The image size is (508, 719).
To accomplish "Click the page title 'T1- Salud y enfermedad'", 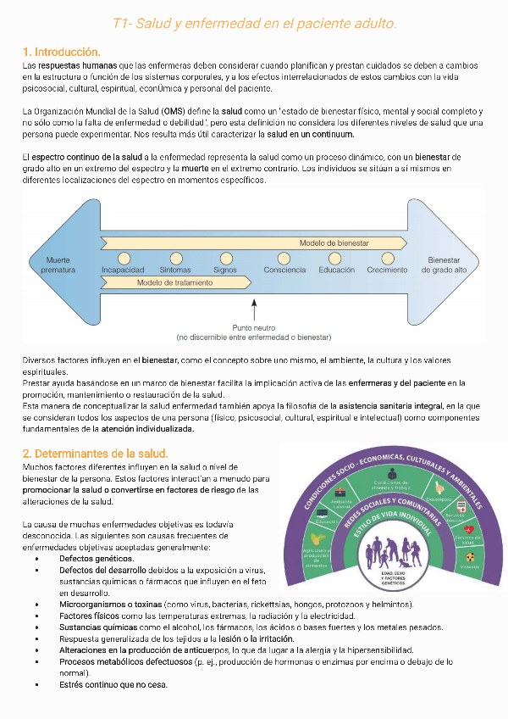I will [254, 23].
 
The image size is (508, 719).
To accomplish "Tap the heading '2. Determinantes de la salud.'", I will [95, 454].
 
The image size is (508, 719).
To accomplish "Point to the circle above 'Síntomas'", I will [175, 258].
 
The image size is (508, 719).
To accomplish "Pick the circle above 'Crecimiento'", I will [388, 258].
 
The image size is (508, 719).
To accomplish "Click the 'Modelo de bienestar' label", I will [334, 243].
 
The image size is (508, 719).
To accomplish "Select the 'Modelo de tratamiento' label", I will [175, 282].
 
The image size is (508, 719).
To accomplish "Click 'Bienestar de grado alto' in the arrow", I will [447, 265].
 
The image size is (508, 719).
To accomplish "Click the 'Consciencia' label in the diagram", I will [284, 270].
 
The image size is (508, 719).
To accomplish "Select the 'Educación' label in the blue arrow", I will [336, 270].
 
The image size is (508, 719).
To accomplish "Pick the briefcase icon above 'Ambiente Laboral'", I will [340, 493].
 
